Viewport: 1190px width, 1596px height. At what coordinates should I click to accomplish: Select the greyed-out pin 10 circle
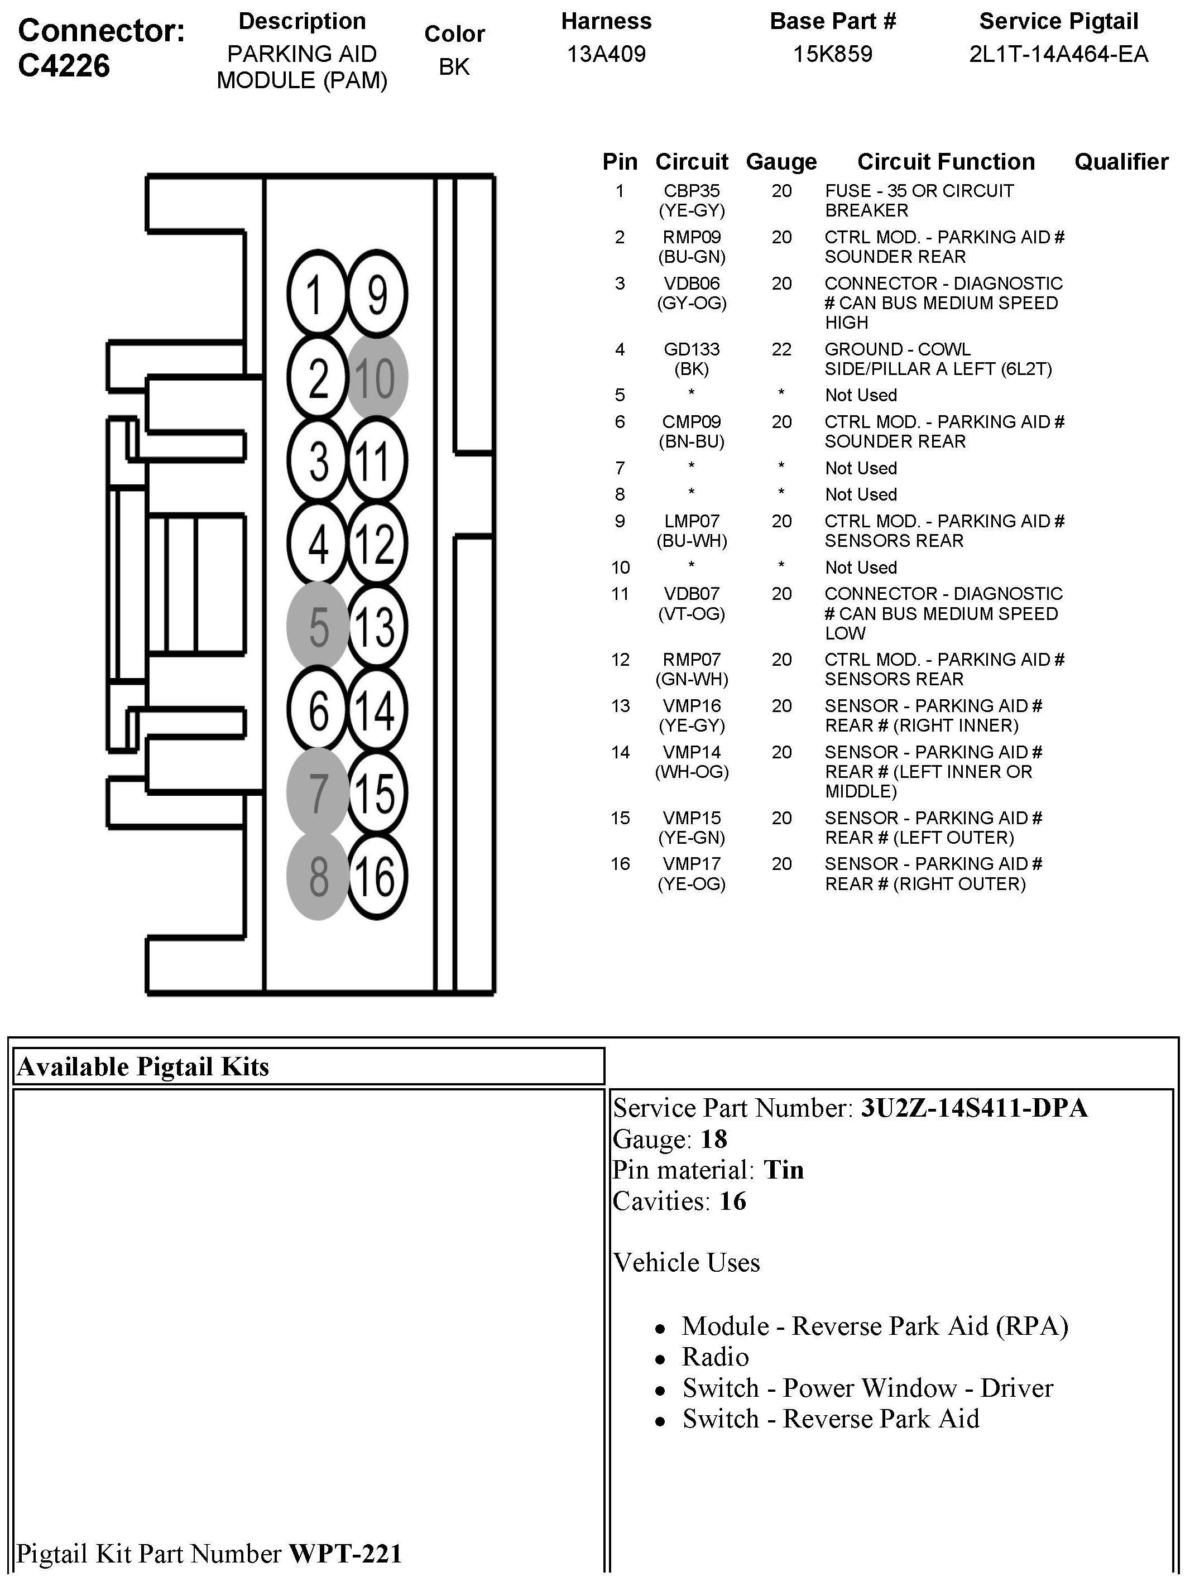(377, 377)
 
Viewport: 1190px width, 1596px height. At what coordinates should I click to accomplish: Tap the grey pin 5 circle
(318, 626)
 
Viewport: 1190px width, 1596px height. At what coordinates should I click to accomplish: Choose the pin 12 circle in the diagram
(377, 543)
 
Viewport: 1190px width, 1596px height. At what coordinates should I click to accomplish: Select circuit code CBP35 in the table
(692, 191)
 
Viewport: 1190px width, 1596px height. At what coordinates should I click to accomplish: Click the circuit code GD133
(692, 349)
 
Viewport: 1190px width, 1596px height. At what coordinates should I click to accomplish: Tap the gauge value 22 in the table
(781, 349)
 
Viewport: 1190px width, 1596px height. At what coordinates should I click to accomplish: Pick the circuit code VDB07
(692, 594)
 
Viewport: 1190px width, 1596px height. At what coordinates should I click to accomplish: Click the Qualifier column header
(1121, 162)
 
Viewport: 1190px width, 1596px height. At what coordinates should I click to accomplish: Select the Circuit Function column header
(946, 162)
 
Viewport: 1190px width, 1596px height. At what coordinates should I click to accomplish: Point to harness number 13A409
(607, 54)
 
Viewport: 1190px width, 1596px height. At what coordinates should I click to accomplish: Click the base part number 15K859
(833, 54)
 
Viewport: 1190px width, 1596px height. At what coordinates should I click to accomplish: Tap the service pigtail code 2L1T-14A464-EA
(1058, 54)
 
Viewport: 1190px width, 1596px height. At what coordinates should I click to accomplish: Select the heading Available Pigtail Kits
(143, 1066)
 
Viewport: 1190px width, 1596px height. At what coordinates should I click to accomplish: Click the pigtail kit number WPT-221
(345, 1554)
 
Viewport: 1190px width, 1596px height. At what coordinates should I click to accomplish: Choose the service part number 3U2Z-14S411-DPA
(974, 1108)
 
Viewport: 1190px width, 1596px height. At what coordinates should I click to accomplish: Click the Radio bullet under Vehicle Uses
(716, 1357)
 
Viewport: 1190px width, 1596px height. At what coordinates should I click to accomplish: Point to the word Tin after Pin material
(783, 1170)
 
